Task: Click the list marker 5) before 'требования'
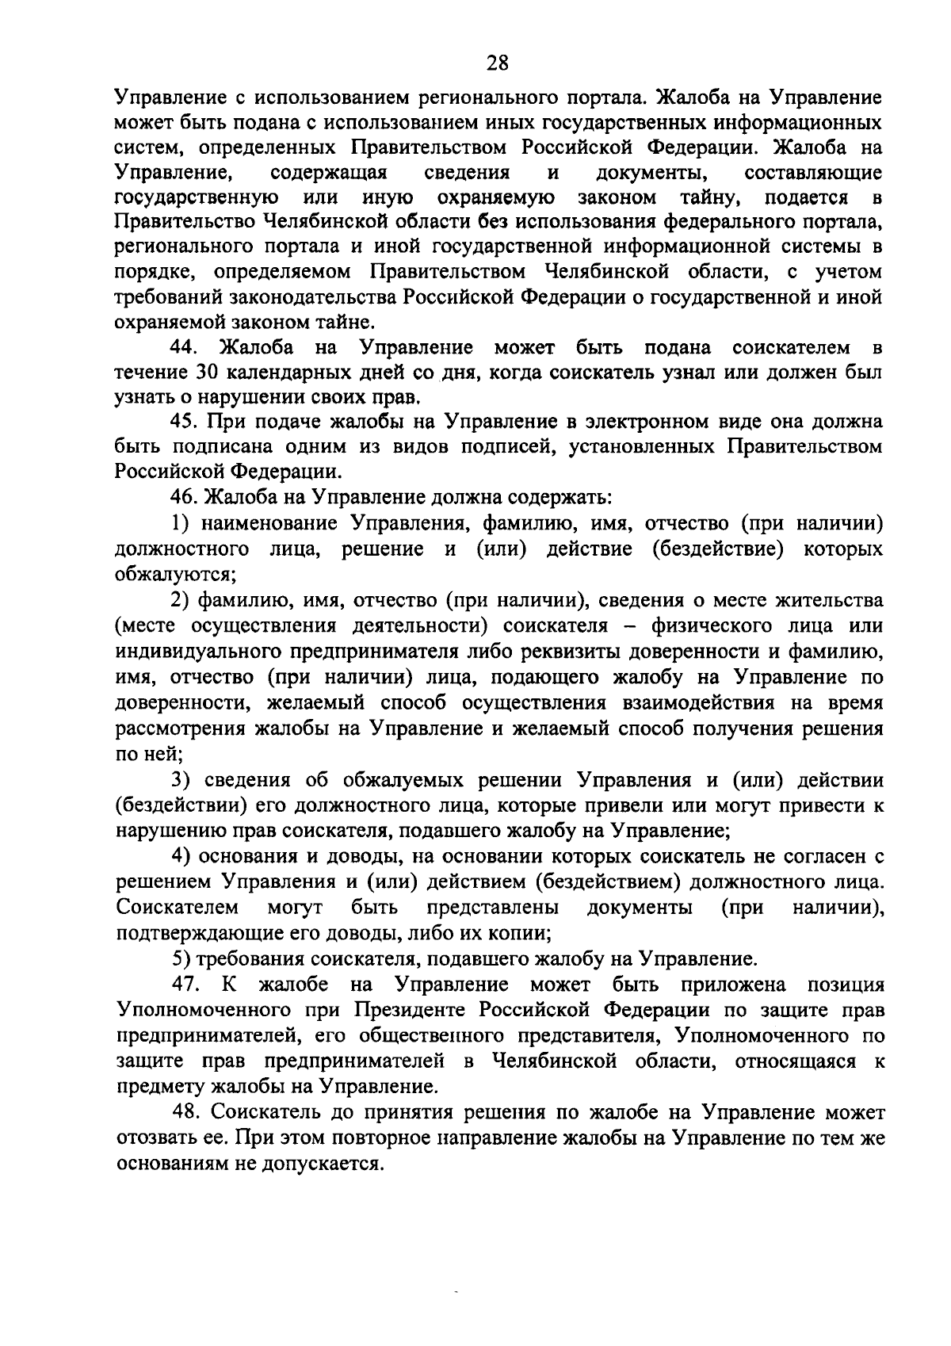pyautogui.click(x=183, y=960)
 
